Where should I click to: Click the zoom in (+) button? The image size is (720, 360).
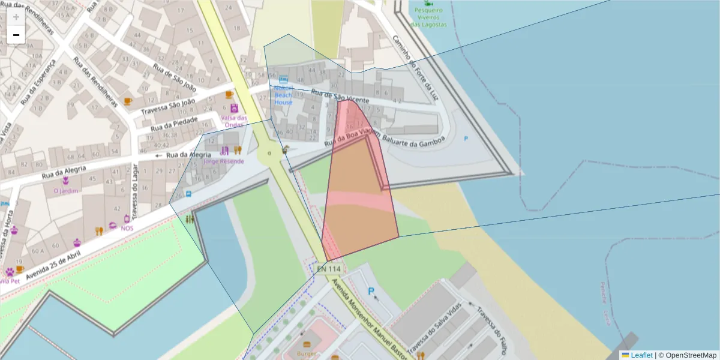[16, 17]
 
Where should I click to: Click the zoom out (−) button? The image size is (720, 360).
[16, 35]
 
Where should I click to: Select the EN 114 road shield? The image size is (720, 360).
[329, 269]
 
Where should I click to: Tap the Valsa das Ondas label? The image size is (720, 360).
[234, 121]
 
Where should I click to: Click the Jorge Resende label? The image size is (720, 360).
[224, 161]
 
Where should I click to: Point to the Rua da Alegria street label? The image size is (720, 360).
[188, 155]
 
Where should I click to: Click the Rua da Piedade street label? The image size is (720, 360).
[173, 124]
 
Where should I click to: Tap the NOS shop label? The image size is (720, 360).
[127, 228]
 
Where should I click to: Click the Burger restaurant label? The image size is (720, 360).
[307, 354]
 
